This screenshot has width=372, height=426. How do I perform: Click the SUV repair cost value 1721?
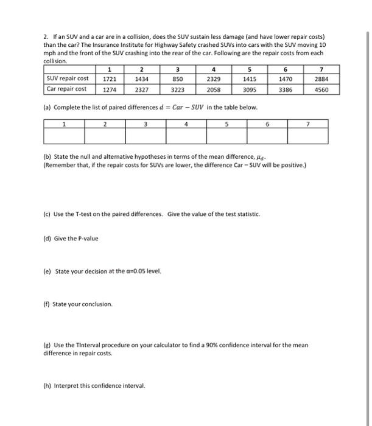click(110, 79)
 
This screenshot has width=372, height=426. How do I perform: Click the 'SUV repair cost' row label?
click(67, 79)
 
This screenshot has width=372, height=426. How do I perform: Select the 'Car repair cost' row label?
click(66, 89)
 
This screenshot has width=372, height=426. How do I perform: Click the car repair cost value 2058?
click(214, 89)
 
